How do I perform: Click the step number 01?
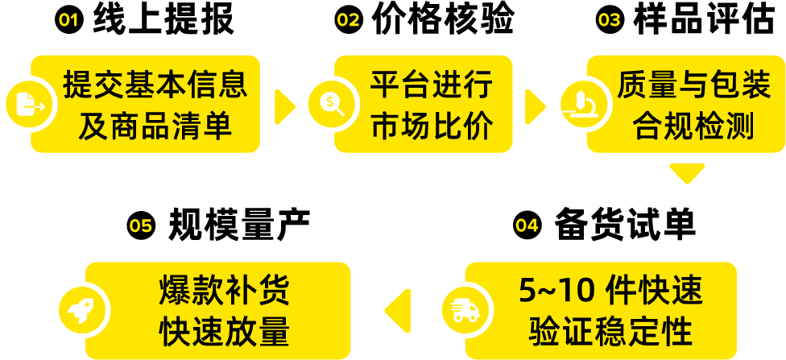[68, 20]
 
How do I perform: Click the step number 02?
[348, 20]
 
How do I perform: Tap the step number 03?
[609, 20]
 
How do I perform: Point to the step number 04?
[527, 226]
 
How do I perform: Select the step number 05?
[141, 226]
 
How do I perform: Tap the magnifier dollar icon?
[331, 104]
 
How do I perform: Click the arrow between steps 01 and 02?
[284, 106]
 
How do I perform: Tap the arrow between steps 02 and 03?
[534, 106]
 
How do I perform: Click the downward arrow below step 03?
[687, 172]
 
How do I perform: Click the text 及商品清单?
[155, 126]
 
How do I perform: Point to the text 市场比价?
[432, 126]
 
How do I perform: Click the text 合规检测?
[693, 126]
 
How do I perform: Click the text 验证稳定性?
[612, 330]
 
